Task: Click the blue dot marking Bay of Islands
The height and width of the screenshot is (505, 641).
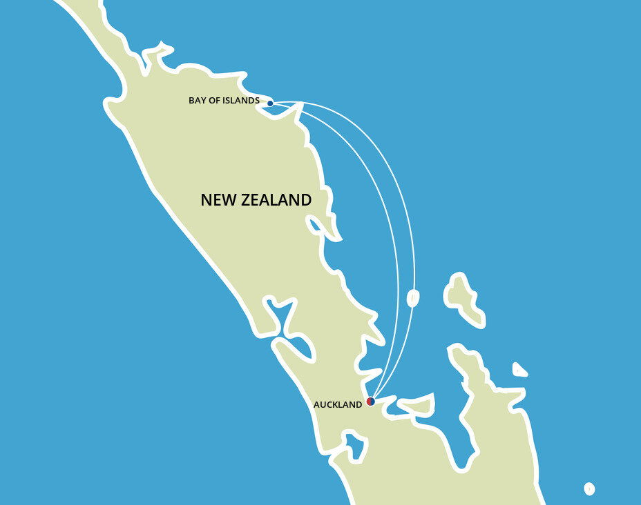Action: click(270, 103)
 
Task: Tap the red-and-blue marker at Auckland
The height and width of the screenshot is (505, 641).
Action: click(370, 401)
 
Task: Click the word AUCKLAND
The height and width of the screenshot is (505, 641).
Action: click(337, 405)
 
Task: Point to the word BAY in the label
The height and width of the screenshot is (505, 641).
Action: click(198, 101)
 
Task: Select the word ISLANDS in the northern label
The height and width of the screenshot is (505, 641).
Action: click(242, 101)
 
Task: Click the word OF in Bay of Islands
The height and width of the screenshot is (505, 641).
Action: click(216, 101)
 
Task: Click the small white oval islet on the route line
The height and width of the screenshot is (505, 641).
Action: click(413, 298)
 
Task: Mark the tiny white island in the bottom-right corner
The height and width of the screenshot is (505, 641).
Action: click(589, 488)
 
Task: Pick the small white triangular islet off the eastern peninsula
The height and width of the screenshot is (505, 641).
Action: click(519, 370)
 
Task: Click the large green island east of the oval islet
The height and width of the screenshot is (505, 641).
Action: click(463, 298)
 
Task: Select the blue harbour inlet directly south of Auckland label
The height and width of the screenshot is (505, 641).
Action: click(355, 446)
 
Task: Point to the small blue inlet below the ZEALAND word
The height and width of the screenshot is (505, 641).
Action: click(318, 226)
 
